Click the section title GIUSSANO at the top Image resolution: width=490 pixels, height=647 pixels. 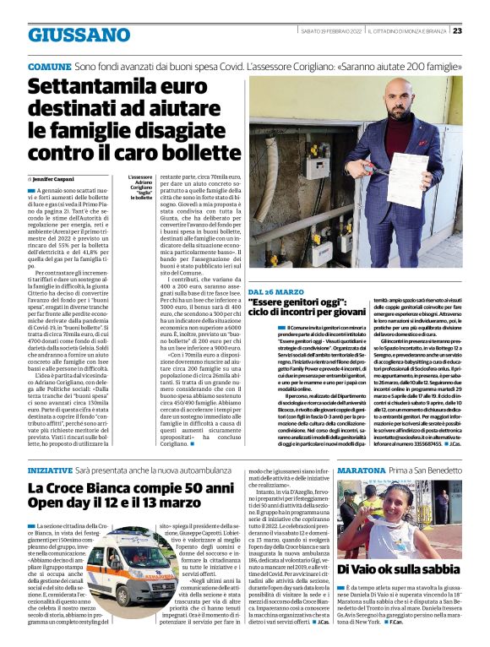[x=79, y=35]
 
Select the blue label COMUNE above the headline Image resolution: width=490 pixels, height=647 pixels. [x=49, y=65]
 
